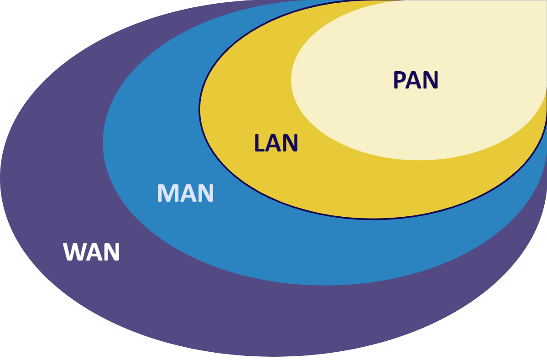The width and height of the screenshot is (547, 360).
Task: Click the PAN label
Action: tap(415, 80)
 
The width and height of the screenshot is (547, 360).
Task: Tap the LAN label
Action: tap(276, 143)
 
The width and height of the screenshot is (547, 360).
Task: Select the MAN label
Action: tap(185, 193)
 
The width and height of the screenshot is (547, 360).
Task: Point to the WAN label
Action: tap(92, 252)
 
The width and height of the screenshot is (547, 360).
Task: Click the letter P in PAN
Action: tap(400, 80)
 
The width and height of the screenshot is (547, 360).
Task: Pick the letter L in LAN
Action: tap(259, 143)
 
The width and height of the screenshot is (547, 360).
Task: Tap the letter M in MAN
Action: tap(166, 193)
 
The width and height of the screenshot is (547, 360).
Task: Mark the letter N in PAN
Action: tap(431, 80)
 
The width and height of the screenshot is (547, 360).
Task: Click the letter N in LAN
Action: tap(291, 143)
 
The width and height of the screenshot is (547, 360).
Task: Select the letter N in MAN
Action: tap(205, 193)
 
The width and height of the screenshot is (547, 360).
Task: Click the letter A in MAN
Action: tap(186, 193)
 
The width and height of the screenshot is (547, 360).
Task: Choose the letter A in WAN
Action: tap(93, 252)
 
